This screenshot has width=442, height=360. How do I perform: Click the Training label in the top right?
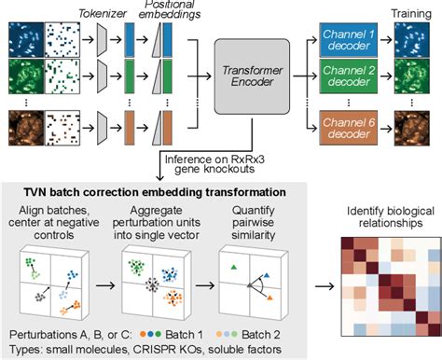click(416, 8)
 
